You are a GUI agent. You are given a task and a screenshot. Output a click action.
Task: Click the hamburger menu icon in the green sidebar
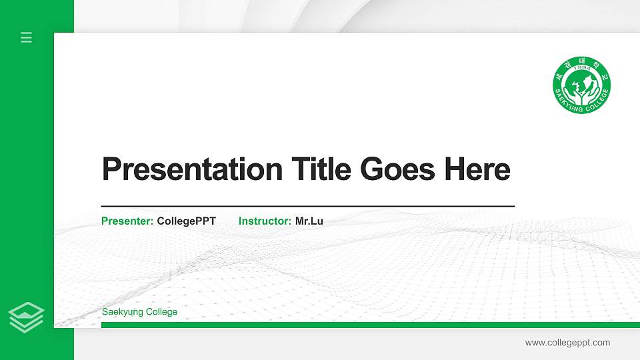27,37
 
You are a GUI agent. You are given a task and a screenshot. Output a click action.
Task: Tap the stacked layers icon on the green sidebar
27,317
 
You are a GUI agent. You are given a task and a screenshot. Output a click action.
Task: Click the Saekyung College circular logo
581,85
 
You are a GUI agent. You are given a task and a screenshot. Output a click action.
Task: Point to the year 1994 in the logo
581,69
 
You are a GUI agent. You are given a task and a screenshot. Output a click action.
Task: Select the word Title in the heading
321,169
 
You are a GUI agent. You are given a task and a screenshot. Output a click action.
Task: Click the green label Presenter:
127,221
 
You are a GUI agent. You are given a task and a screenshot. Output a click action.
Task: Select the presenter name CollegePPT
187,221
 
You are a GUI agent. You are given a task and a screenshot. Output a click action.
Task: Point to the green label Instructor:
265,221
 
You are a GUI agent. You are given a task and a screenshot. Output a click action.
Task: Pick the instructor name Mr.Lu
309,221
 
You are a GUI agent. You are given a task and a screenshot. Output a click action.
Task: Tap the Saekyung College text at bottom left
139,312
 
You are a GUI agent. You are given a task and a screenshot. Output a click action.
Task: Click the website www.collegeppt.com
567,343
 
